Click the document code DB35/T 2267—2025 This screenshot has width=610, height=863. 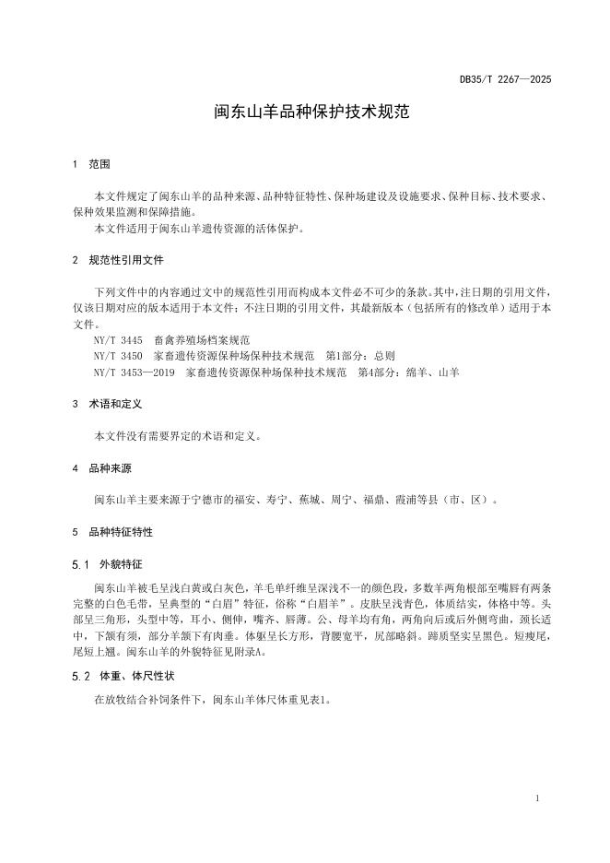click(x=505, y=80)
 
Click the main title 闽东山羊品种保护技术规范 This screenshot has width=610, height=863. click(x=304, y=114)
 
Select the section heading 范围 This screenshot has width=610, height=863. click(x=100, y=165)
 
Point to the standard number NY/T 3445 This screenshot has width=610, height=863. click(x=117, y=339)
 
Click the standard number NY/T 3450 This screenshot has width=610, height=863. click(x=117, y=355)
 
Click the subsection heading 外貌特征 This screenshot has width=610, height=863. click(x=121, y=563)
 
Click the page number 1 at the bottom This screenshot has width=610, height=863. click(x=537, y=797)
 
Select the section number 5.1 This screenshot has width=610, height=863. click(x=79, y=563)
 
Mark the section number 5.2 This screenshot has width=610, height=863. click(x=79, y=676)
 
